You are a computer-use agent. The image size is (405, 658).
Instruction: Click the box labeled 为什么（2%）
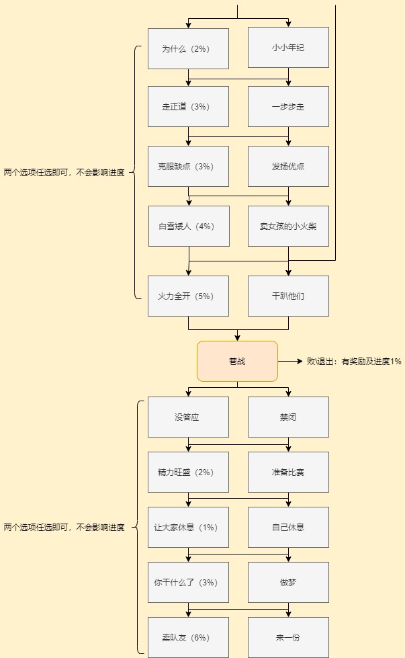coord(188,48)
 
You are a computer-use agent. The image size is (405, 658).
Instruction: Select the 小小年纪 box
coord(288,48)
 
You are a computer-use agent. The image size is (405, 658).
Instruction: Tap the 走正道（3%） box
coord(188,107)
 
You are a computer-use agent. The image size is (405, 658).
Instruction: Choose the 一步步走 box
coord(288,107)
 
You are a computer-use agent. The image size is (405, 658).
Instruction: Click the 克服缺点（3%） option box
coord(188,166)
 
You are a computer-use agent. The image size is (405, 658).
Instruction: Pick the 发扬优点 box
coord(288,166)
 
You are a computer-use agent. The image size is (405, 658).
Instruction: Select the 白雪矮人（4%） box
coord(189,227)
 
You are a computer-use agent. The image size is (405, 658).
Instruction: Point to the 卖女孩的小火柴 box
coord(288,227)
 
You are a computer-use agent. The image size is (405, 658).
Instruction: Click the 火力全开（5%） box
coord(188,296)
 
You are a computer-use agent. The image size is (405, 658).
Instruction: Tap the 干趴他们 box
coord(288,296)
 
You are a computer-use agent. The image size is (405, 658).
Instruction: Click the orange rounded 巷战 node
coord(237,362)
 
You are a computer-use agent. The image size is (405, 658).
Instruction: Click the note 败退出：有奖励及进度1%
coord(354,362)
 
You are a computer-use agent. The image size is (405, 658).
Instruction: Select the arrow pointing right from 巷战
coord(290,361)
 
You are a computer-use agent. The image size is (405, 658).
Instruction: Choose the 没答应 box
coord(188,417)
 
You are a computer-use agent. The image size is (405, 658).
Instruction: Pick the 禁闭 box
coord(288,417)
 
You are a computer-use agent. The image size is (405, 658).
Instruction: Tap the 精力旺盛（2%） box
coord(188,472)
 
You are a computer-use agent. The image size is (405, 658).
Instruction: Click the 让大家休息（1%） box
coord(188,528)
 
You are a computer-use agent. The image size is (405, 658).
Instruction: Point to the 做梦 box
coord(288,583)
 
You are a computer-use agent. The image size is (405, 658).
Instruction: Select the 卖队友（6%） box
coord(188,637)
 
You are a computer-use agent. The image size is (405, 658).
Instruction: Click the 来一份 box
coord(288,637)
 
